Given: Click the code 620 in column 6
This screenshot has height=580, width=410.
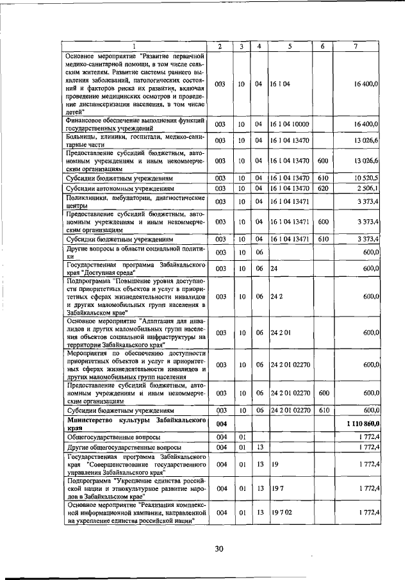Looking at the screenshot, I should (323, 189).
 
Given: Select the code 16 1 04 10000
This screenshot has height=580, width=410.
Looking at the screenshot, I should (290, 124).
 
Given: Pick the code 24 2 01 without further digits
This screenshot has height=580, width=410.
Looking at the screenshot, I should (281, 333).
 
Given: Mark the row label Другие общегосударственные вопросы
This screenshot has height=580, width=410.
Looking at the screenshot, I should (124, 447).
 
